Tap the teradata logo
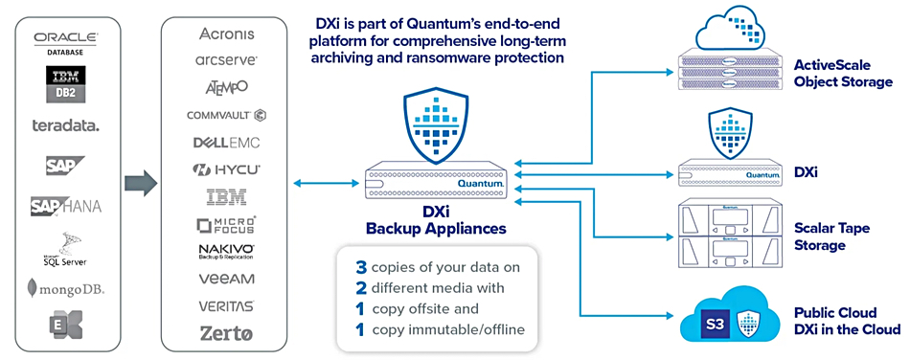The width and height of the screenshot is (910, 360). point(65,124)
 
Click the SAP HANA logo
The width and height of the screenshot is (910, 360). point(65,205)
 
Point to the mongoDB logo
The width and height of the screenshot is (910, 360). point(65,287)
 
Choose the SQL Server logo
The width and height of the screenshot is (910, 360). point(65,247)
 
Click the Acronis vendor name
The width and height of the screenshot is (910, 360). point(227,34)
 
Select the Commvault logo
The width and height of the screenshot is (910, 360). point(227,115)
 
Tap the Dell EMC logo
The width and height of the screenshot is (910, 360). point(227,143)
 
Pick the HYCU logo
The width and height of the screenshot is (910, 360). point(227,170)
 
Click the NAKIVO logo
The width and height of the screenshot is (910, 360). point(227,252)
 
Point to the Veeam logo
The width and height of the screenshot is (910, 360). point(227,279)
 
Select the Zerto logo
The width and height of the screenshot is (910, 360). point(227,333)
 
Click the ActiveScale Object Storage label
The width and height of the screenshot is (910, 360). point(843,74)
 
